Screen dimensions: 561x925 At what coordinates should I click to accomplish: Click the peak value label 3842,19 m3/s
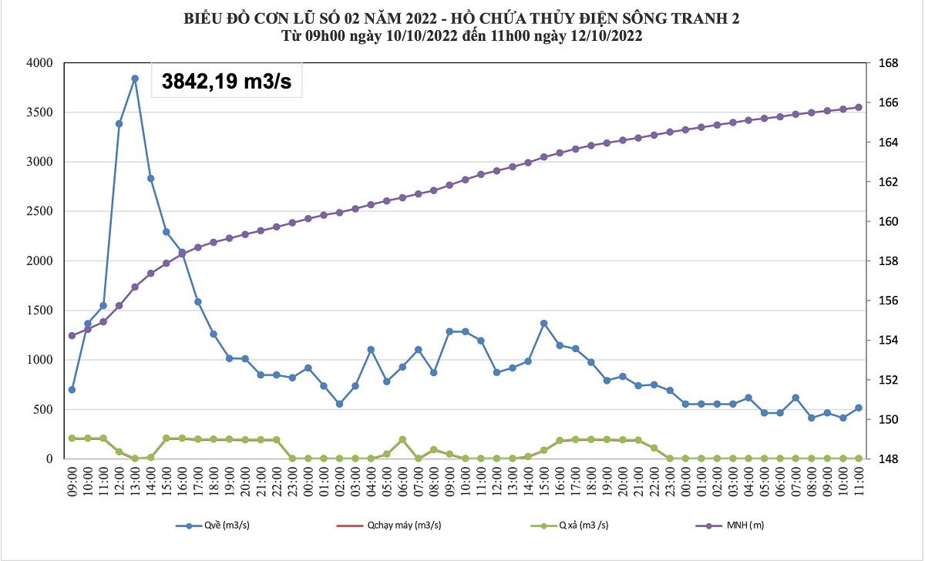(x=226, y=80)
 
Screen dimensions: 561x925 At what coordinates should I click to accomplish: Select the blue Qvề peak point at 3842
(x=135, y=79)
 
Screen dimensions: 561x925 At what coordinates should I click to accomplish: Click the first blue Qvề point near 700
(x=72, y=389)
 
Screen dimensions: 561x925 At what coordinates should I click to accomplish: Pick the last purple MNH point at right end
(x=859, y=108)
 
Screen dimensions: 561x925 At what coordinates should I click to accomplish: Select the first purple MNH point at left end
(x=72, y=335)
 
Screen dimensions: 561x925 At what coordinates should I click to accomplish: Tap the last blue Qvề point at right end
(x=859, y=408)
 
